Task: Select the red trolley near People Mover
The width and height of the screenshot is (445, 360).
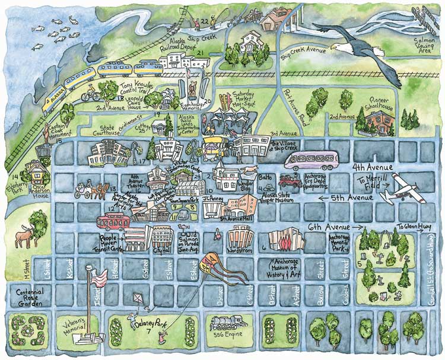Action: point(114,221)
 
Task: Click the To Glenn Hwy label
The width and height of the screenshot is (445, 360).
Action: point(415,226)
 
